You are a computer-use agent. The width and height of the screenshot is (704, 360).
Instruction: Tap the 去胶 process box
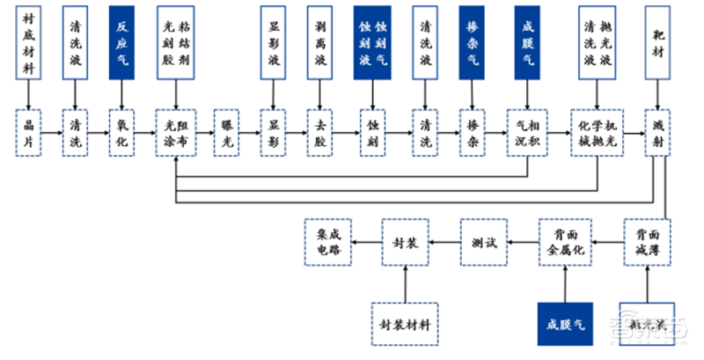pyautogui.click(x=319, y=133)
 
